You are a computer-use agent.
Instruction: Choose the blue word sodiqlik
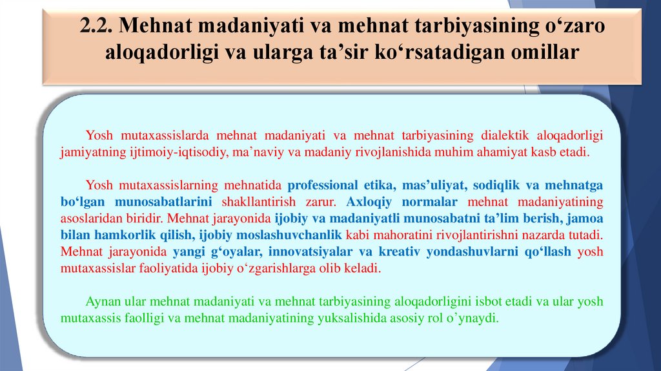[494, 185]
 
